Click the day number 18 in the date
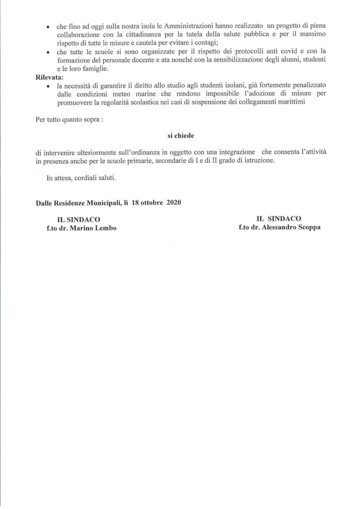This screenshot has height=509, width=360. [137, 203]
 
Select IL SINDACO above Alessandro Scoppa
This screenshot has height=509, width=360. [279, 218]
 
